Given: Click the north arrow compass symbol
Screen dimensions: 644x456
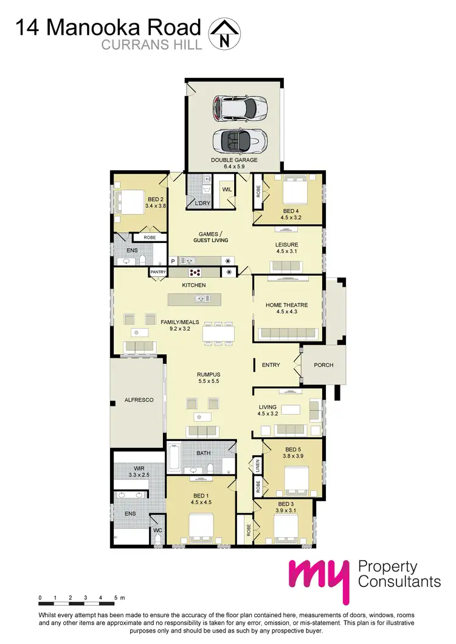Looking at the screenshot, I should click(224, 34).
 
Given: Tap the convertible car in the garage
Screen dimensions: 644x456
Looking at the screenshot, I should click(240, 142).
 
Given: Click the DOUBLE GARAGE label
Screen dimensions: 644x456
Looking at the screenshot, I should click(234, 160).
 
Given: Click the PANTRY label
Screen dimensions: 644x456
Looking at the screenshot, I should click(158, 272).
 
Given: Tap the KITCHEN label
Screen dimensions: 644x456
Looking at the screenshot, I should click(194, 284).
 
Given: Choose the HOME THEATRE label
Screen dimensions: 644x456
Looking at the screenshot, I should click(286, 305).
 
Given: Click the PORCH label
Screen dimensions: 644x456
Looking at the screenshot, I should click(323, 365).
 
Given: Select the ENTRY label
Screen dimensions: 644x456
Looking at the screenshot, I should click(271, 365).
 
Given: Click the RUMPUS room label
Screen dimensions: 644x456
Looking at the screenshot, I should click(207, 374).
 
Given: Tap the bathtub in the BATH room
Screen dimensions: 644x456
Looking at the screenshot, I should click(173, 459).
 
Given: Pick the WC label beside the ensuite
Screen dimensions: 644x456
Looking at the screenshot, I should click(158, 530).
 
